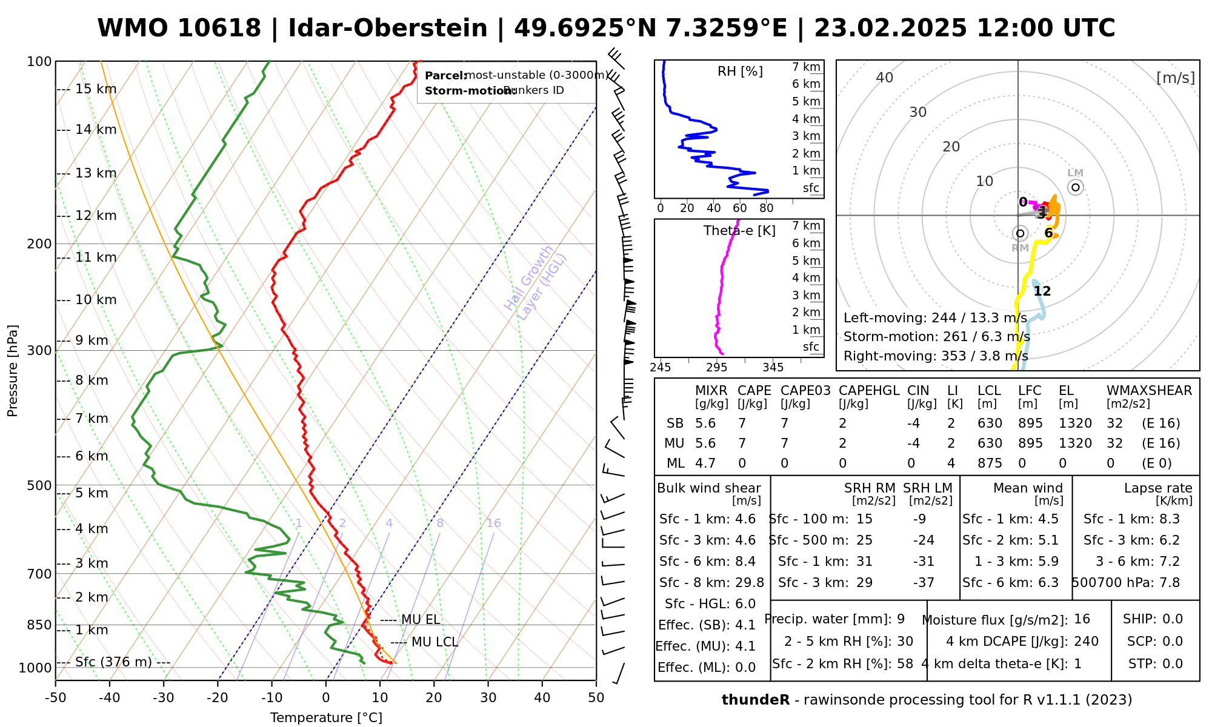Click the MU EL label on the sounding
click(x=421, y=620)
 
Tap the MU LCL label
click(x=435, y=642)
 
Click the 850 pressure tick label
click(x=40, y=625)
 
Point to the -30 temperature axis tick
click(x=163, y=698)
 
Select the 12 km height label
click(x=96, y=216)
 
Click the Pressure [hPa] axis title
click(x=13, y=371)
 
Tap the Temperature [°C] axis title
click(x=326, y=718)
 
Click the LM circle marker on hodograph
click(x=1076, y=187)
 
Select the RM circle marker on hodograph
click(x=1020, y=233)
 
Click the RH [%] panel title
click(x=740, y=71)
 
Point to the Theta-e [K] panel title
click(x=739, y=231)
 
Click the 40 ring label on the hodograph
click(x=885, y=78)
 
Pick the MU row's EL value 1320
click(x=1075, y=443)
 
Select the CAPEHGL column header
click(x=869, y=391)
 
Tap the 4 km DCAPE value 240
click(x=1086, y=642)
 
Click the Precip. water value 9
click(x=901, y=619)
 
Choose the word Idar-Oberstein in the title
click(x=388, y=28)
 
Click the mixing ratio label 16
click(x=493, y=523)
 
